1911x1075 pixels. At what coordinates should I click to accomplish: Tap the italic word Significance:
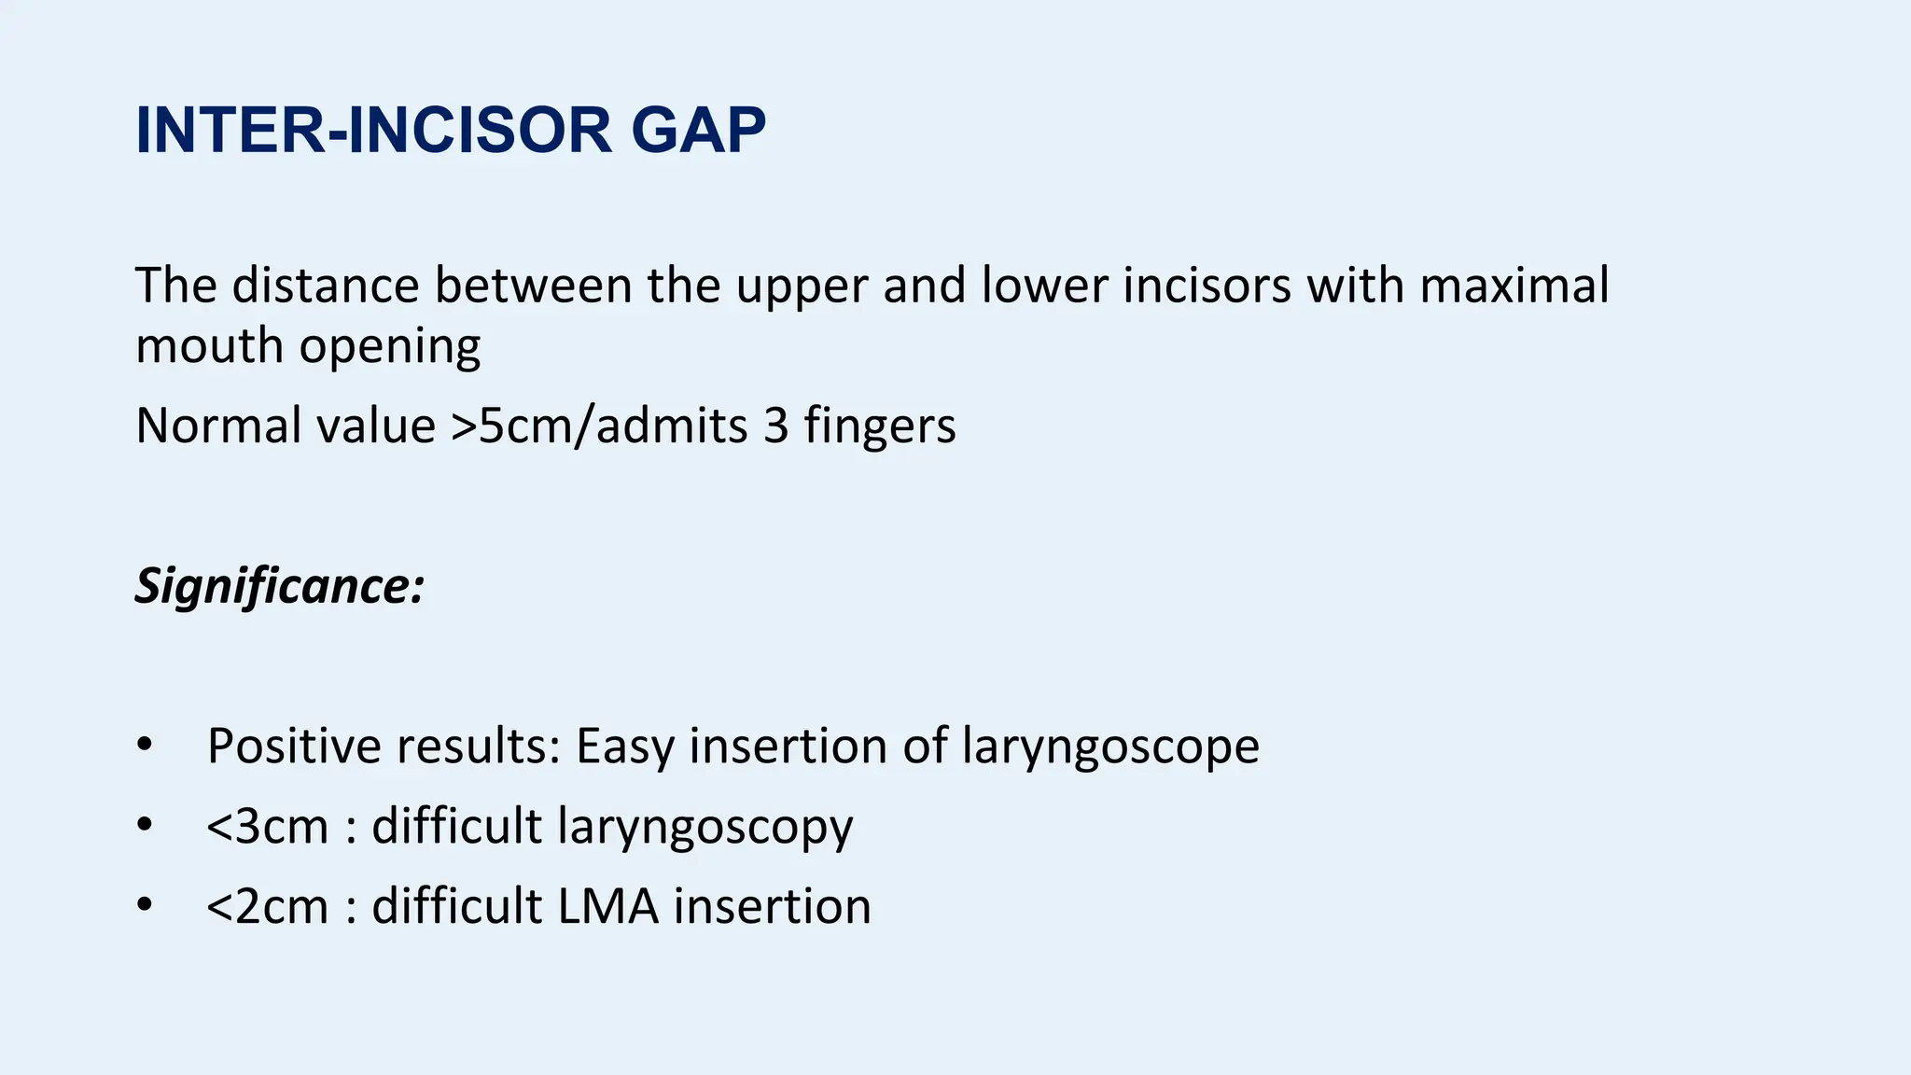pos(280,587)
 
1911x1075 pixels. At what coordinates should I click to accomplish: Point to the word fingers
pos(879,426)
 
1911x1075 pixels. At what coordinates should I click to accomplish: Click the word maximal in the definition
pos(1513,285)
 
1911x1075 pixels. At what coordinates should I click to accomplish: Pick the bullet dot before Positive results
pos(144,745)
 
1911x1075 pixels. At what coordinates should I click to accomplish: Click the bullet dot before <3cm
pos(144,825)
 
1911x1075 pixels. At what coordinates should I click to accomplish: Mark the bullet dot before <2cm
pos(144,905)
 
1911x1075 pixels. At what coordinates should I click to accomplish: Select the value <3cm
pos(268,826)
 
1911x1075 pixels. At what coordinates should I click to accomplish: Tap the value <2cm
pos(268,906)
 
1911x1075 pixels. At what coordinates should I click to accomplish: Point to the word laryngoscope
pos(1110,747)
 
